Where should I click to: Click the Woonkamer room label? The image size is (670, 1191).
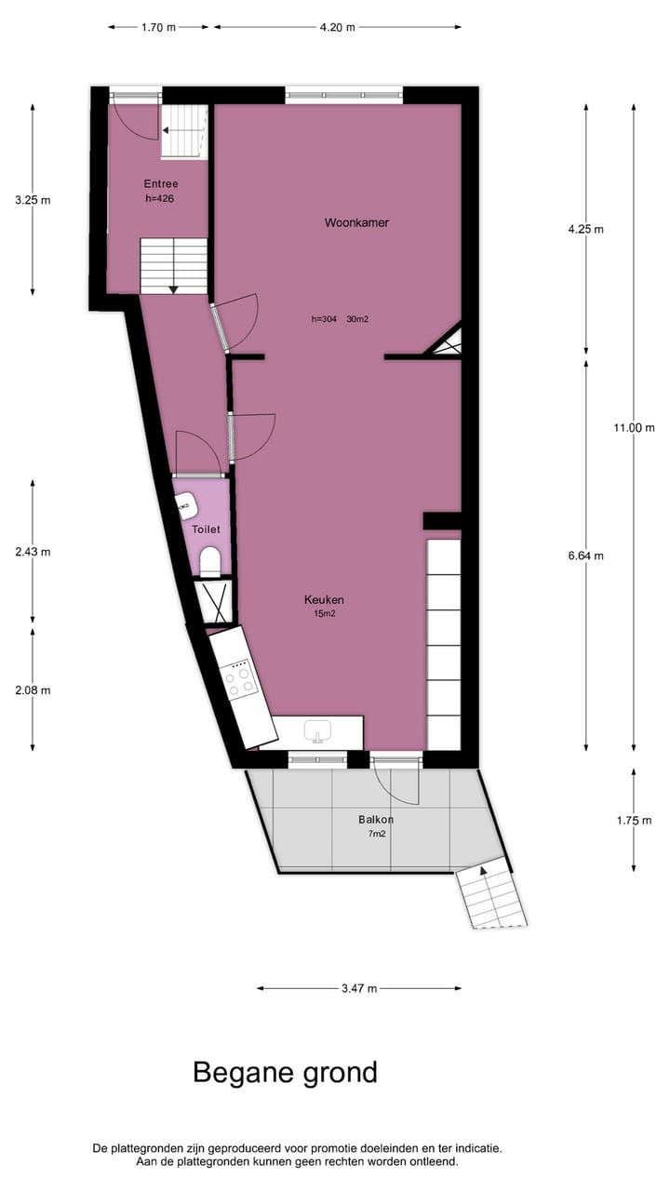[356, 222]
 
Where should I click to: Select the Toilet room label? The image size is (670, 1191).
[206, 529]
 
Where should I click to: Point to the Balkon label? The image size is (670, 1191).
[376, 820]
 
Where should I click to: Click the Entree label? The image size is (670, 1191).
[160, 183]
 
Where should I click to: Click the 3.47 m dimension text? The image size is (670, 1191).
[358, 988]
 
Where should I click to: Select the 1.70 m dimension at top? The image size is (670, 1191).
[158, 27]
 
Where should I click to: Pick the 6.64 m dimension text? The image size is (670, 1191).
[586, 556]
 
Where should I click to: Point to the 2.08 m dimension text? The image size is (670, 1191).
[33, 689]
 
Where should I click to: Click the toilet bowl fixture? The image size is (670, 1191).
[209, 560]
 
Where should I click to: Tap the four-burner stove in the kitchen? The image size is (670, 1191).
[241, 680]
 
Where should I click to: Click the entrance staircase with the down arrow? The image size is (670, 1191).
[174, 265]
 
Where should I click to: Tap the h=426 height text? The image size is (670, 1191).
[160, 198]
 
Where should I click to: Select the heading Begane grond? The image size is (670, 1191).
[285, 1072]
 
